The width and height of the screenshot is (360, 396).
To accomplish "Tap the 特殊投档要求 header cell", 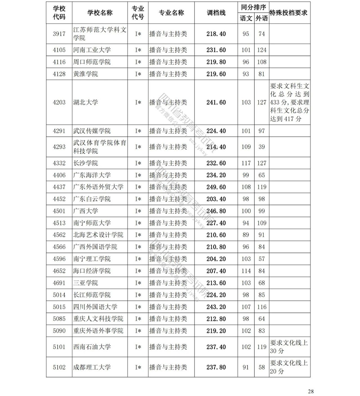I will point(288,13).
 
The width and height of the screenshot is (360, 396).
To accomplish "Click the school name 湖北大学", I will point(85,103).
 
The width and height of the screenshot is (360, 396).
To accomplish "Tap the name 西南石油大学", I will point(91,347).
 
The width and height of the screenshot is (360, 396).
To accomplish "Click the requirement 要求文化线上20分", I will point(288,367).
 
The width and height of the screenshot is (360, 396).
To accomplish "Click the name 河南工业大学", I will point(91,50).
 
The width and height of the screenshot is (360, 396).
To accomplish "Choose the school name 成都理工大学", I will point(91,367).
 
